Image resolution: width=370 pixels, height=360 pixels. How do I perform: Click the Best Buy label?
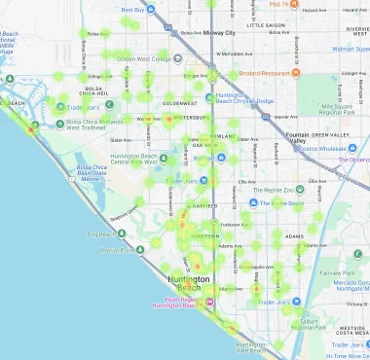click(x=131, y=11)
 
